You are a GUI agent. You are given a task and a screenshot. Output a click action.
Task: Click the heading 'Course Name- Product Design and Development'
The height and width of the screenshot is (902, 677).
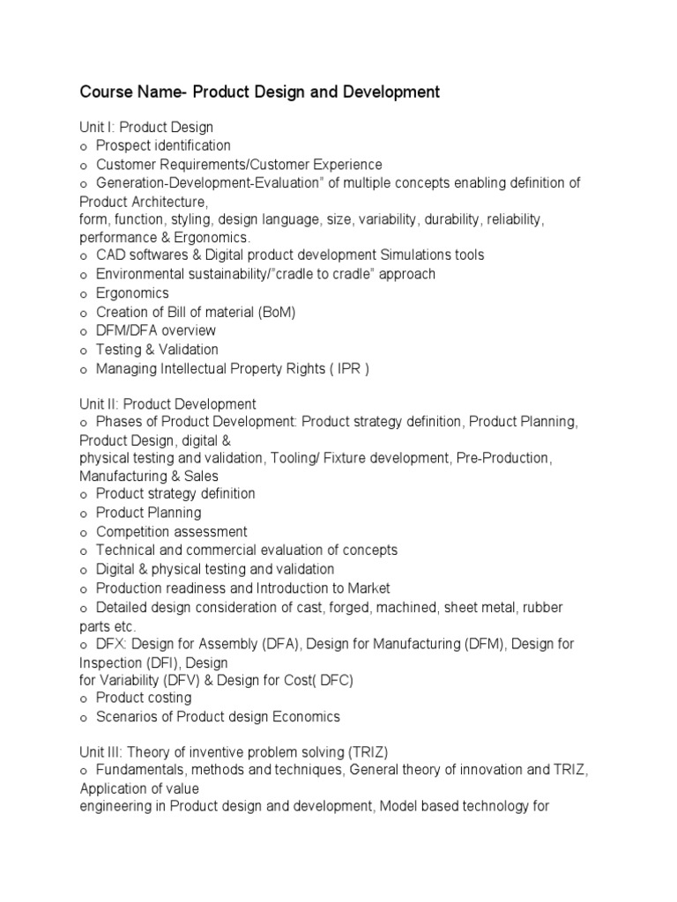click(x=259, y=92)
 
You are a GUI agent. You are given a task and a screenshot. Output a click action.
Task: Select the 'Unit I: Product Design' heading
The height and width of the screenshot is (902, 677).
click(x=146, y=127)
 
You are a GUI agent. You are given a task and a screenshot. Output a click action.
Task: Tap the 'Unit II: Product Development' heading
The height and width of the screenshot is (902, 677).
click(x=167, y=404)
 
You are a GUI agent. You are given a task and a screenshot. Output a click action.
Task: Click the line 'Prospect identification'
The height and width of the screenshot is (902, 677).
click(x=163, y=145)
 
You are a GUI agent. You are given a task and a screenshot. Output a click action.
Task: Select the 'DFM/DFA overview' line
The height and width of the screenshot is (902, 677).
click(x=156, y=330)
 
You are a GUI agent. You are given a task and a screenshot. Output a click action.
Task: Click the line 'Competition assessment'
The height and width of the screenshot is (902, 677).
click(x=171, y=531)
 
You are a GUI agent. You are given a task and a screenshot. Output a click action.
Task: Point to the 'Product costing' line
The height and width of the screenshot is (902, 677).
click(x=143, y=698)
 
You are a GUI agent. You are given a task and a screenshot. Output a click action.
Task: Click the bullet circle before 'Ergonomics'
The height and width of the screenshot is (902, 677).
click(x=84, y=294)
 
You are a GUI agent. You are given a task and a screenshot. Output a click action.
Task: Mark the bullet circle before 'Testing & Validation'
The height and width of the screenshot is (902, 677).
click(x=84, y=351)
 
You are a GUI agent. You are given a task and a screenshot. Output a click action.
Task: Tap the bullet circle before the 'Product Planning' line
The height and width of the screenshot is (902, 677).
click(x=84, y=514)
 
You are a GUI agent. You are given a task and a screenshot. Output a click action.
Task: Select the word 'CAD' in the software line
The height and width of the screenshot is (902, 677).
click(x=110, y=255)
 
